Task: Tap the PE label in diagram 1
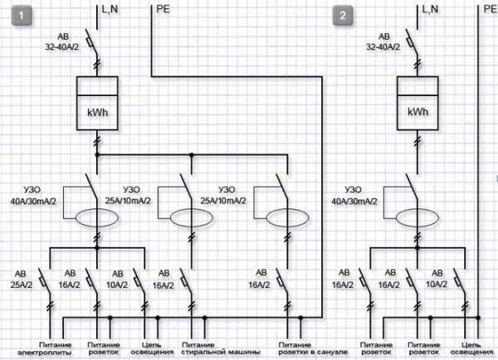click(x=164, y=10)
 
